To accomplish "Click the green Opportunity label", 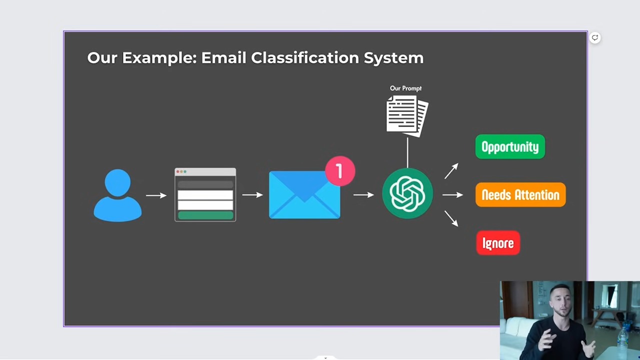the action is tap(510, 146).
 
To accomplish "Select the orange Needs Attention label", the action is tap(520, 194).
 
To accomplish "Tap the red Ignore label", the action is tap(498, 243).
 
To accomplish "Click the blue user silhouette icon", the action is tap(117, 195).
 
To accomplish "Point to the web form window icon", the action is tap(205, 194).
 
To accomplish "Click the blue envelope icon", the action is tap(304, 195).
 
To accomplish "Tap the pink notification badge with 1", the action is tap(340, 171).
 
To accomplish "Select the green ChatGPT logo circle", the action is tap(407, 193).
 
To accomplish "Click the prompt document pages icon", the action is tap(407, 116).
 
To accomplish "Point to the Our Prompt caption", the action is tap(405, 88).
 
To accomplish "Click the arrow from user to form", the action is tap(156, 195).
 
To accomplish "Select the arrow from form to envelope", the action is tap(252, 195).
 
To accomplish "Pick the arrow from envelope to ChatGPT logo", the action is tap(363, 195).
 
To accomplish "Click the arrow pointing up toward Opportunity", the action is tap(451, 171).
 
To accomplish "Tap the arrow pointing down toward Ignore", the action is tap(451, 219).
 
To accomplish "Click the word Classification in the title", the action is tap(305, 57).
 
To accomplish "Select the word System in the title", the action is tap(393, 58).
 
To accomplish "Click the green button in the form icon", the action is tap(205, 215).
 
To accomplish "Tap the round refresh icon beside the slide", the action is tap(595, 37).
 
